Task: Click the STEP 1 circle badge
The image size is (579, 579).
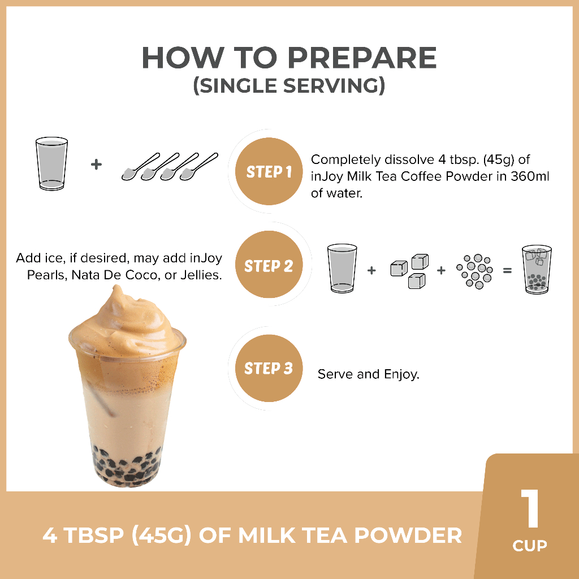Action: click(269, 171)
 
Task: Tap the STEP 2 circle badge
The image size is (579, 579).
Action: click(269, 265)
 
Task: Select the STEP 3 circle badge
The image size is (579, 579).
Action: click(269, 368)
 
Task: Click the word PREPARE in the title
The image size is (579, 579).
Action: click(362, 58)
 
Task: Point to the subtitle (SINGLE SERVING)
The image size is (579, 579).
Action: click(289, 86)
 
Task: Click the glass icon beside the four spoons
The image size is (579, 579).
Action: click(51, 163)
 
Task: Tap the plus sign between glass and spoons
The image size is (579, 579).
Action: click(96, 165)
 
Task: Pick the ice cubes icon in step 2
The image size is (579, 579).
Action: click(409, 271)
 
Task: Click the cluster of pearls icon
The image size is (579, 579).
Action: click(475, 271)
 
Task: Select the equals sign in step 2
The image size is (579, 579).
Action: click(507, 271)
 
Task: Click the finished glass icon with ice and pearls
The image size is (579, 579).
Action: click(537, 269)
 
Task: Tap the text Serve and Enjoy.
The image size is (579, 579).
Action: click(369, 374)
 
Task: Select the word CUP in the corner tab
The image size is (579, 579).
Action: click(530, 546)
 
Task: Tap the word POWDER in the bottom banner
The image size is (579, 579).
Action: click(408, 535)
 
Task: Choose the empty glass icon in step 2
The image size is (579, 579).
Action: click(342, 269)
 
